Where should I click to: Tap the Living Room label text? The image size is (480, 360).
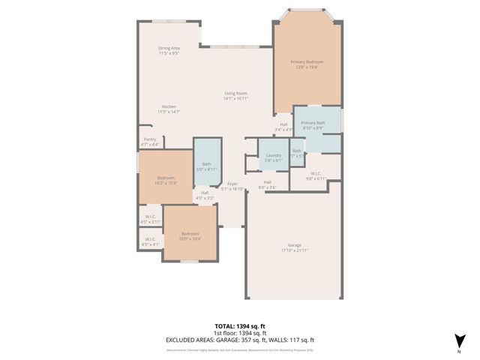[x=235, y=96]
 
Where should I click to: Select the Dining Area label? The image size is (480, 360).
[x=169, y=50]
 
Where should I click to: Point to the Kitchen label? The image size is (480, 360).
[x=169, y=109]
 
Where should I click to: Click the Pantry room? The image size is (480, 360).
[x=149, y=141]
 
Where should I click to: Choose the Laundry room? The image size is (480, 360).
[x=273, y=157]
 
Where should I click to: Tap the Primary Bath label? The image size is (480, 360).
[x=313, y=125]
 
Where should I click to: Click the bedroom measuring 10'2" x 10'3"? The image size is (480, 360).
[x=166, y=180]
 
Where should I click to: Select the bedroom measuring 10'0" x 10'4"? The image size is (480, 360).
[x=190, y=236]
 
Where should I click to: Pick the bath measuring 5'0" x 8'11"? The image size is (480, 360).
[x=206, y=166]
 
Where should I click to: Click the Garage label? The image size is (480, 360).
[x=294, y=247]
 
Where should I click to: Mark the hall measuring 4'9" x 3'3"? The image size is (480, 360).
[x=205, y=195]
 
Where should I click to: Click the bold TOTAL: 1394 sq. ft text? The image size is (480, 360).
[x=239, y=327]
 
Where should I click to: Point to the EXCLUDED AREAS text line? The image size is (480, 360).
[x=239, y=340]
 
